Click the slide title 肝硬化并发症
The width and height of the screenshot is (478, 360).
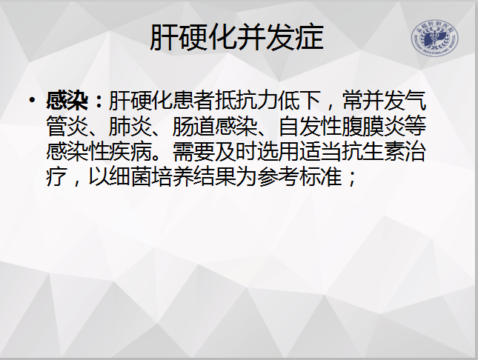[x=237, y=38]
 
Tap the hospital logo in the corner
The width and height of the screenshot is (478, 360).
[x=434, y=39]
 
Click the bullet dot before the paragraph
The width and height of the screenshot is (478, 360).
[x=32, y=100]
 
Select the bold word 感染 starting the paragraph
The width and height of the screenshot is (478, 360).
[x=67, y=100]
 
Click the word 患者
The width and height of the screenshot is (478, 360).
[x=193, y=100]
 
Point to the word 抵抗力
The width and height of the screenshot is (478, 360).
[x=246, y=100]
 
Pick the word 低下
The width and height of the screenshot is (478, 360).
[x=299, y=100]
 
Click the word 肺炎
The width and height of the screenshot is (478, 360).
[x=130, y=126]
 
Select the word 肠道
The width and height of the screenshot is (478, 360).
[x=193, y=126]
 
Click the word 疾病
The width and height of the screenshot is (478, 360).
[x=130, y=152]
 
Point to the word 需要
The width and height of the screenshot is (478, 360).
[x=193, y=152]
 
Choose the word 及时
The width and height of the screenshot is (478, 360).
[x=236, y=152]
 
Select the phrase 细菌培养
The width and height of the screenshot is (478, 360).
[x=151, y=177]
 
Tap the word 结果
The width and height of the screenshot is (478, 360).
[x=214, y=177]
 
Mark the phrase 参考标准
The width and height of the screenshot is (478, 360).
[x=299, y=177]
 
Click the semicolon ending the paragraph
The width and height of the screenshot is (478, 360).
[x=351, y=179]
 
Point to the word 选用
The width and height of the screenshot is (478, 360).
[x=278, y=152]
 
